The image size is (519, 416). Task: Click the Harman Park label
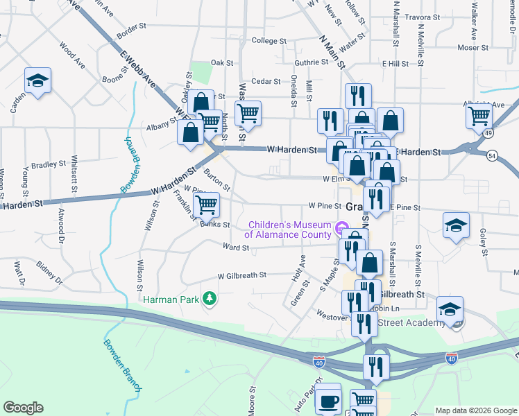click(171, 300)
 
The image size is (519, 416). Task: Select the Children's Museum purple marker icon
click(341, 228)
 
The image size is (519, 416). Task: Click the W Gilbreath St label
click(241, 275)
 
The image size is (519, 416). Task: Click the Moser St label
click(473, 48)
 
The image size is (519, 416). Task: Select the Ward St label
click(236, 247)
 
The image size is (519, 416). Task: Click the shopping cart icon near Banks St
click(206, 205)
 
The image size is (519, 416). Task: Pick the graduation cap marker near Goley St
click(456, 225)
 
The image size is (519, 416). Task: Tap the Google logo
click(23, 408)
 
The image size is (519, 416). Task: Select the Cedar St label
click(265, 81)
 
